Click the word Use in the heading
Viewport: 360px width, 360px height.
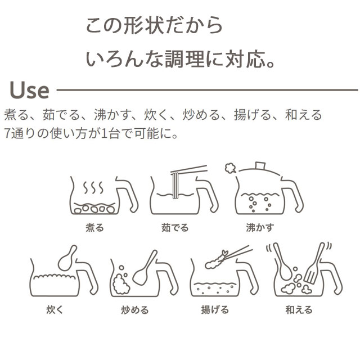[x=29, y=90]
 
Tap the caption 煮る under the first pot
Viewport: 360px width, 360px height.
[x=95, y=227]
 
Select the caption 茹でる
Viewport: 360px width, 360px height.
[x=175, y=227]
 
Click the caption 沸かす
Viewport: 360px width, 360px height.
[x=260, y=227]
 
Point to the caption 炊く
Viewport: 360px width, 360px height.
[x=55, y=309]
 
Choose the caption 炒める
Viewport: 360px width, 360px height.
[x=135, y=310]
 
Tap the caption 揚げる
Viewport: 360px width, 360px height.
[x=215, y=309]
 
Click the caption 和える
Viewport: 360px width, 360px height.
[x=299, y=310]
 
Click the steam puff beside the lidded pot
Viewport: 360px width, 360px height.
[x=231, y=168]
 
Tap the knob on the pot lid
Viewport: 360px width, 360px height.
[x=260, y=165]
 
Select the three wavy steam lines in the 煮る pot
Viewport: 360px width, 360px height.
[x=93, y=187]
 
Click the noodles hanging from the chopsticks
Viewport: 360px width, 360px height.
[x=175, y=186]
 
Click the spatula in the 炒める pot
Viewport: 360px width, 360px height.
[x=145, y=268]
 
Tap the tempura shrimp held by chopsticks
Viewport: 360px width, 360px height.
[x=216, y=260]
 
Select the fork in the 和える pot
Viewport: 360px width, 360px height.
[x=314, y=263]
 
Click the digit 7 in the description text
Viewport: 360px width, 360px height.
[x=7, y=133]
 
